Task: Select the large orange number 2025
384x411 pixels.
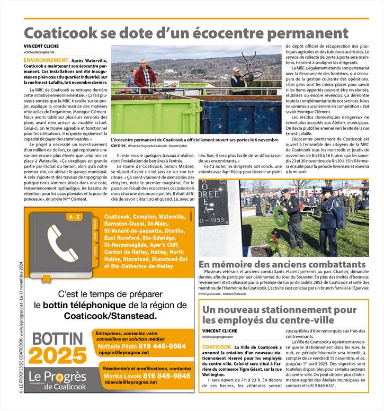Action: coord(57,355)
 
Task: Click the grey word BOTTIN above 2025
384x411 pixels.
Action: coord(57,338)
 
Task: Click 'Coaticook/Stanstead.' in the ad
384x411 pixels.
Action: coord(111,316)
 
